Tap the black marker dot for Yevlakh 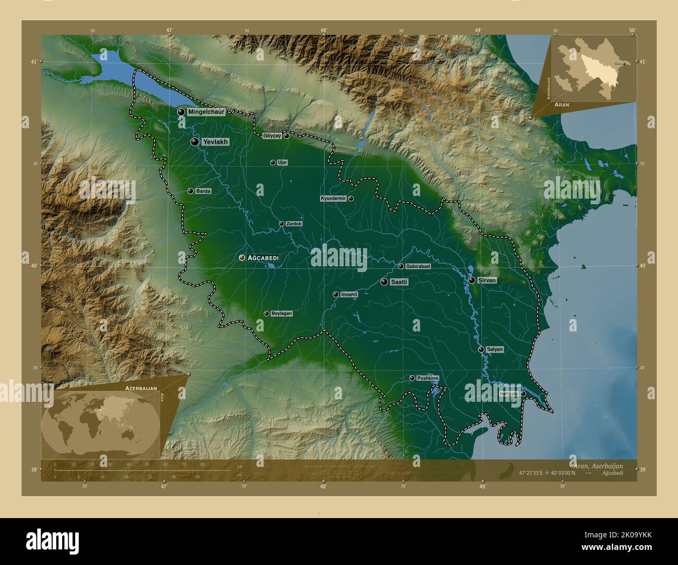[195, 142]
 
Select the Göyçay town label [272, 136]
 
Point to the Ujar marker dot [272, 163]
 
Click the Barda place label [203, 191]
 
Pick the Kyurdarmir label [333, 199]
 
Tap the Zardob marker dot [282, 224]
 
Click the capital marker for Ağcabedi [242, 257]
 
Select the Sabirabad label [418, 266]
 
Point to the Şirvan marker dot [471, 280]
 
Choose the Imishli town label [349, 294]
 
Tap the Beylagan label [282, 314]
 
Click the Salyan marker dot [481, 349]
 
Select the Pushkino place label [428, 378]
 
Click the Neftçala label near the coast [508, 394]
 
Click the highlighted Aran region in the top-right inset [593, 68]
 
